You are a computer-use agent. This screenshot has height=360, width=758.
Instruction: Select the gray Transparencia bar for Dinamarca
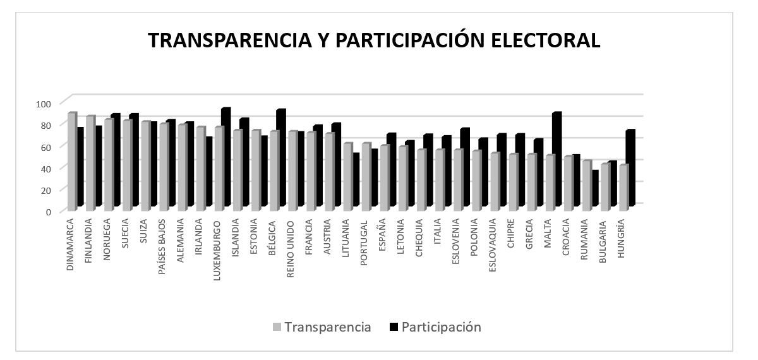[x=71, y=162]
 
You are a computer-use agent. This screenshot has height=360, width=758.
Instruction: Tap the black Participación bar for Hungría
[x=630, y=168]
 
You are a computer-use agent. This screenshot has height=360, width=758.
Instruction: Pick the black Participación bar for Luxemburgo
[x=226, y=157]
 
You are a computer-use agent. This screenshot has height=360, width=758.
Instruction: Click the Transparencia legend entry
[x=322, y=327]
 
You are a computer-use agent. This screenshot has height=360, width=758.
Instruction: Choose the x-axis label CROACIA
[x=567, y=237]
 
